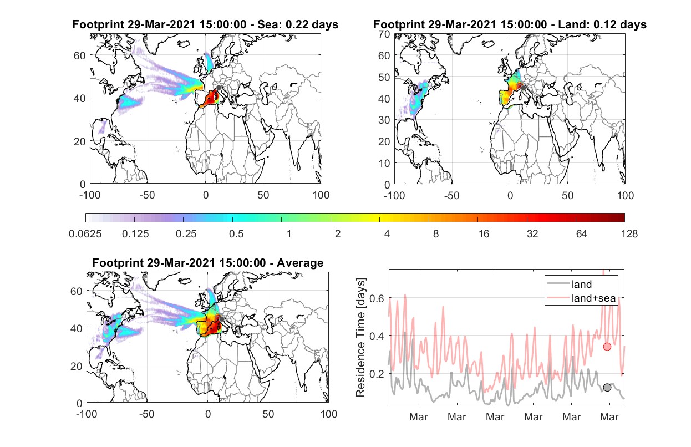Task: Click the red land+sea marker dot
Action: [607, 347]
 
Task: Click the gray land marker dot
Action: [607, 388]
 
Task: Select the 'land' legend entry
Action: [582, 284]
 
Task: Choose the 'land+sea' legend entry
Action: [593, 298]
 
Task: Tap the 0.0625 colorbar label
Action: [85, 234]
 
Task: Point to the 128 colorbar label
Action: [629, 234]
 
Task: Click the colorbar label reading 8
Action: [435, 234]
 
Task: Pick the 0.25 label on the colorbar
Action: [186, 234]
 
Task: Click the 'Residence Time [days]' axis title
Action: [360, 338]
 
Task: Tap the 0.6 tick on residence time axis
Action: [377, 298]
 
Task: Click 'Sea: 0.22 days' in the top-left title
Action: [298, 24]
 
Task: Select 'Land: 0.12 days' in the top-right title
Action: [602, 24]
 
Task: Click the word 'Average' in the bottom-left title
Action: [300, 263]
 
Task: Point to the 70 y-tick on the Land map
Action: [384, 34]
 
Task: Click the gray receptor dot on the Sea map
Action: [219, 88]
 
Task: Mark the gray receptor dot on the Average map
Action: [221, 319]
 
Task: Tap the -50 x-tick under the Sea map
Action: [147, 195]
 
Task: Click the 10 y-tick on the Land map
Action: [384, 163]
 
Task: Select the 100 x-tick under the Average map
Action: [329, 414]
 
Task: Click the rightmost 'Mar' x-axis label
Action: [609, 417]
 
